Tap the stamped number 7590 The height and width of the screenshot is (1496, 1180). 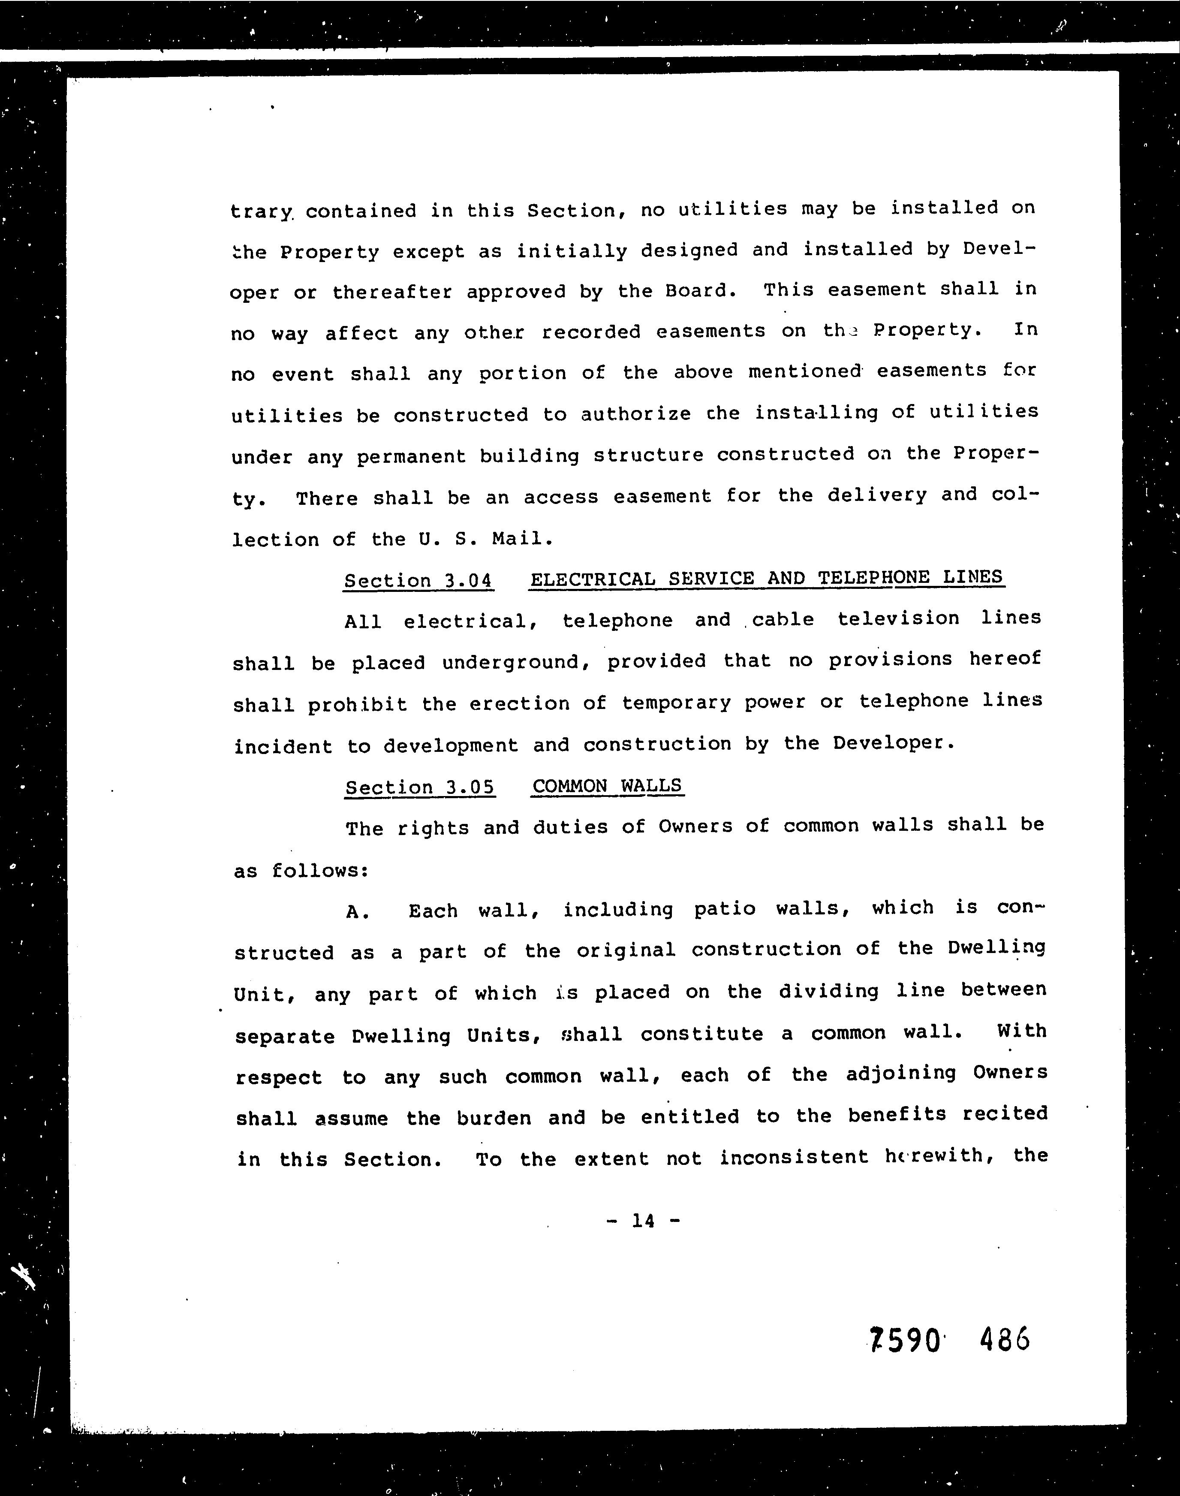[905, 1341]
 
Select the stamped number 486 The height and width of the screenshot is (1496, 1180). [1005, 1339]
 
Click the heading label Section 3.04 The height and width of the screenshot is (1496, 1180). [418, 580]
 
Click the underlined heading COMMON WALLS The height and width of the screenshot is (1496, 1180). [607, 786]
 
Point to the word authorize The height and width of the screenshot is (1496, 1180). [635, 414]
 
